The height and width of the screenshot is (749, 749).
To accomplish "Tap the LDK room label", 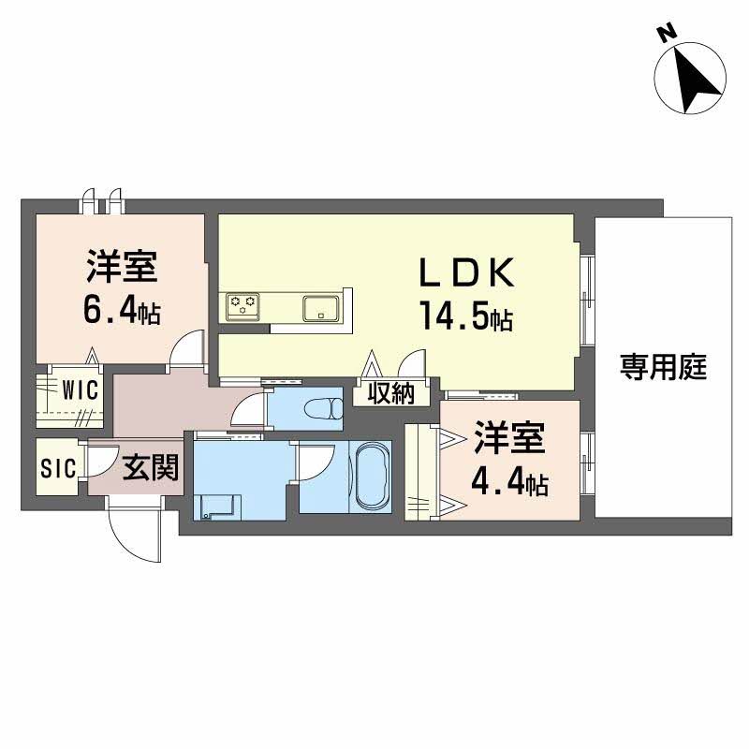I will [x=465, y=273].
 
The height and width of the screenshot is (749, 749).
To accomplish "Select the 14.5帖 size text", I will [x=464, y=318].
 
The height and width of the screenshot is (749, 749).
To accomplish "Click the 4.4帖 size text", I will [x=509, y=484].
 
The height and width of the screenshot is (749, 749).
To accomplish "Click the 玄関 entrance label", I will [x=150, y=465].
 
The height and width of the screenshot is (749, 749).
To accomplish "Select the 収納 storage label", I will [x=390, y=394].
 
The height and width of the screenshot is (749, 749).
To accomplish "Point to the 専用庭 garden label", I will [x=663, y=367].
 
